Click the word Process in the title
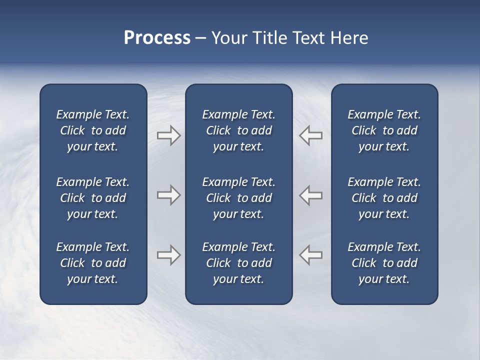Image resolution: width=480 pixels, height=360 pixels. (x=157, y=38)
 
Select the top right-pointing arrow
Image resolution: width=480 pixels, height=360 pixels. (x=168, y=135)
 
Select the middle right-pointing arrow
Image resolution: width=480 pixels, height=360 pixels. (x=168, y=195)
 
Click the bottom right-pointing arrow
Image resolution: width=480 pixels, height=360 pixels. (x=168, y=255)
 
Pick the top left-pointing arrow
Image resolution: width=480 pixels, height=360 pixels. (x=311, y=135)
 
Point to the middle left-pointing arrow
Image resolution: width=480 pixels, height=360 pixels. (x=311, y=195)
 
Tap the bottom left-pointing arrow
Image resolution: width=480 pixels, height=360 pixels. (x=311, y=255)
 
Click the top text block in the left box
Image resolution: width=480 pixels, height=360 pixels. (x=93, y=130)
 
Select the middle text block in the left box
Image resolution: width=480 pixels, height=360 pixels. (x=93, y=198)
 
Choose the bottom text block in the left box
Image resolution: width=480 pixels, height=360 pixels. (x=93, y=263)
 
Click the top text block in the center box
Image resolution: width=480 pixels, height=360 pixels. (x=238, y=130)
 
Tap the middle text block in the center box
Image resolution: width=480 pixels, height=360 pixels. (x=238, y=198)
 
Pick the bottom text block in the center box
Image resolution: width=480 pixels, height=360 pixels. (x=238, y=263)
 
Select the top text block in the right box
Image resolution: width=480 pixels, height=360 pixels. (x=384, y=130)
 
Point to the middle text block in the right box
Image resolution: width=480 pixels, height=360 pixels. (x=384, y=198)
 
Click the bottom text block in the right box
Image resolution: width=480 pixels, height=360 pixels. (x=384, y=263)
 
